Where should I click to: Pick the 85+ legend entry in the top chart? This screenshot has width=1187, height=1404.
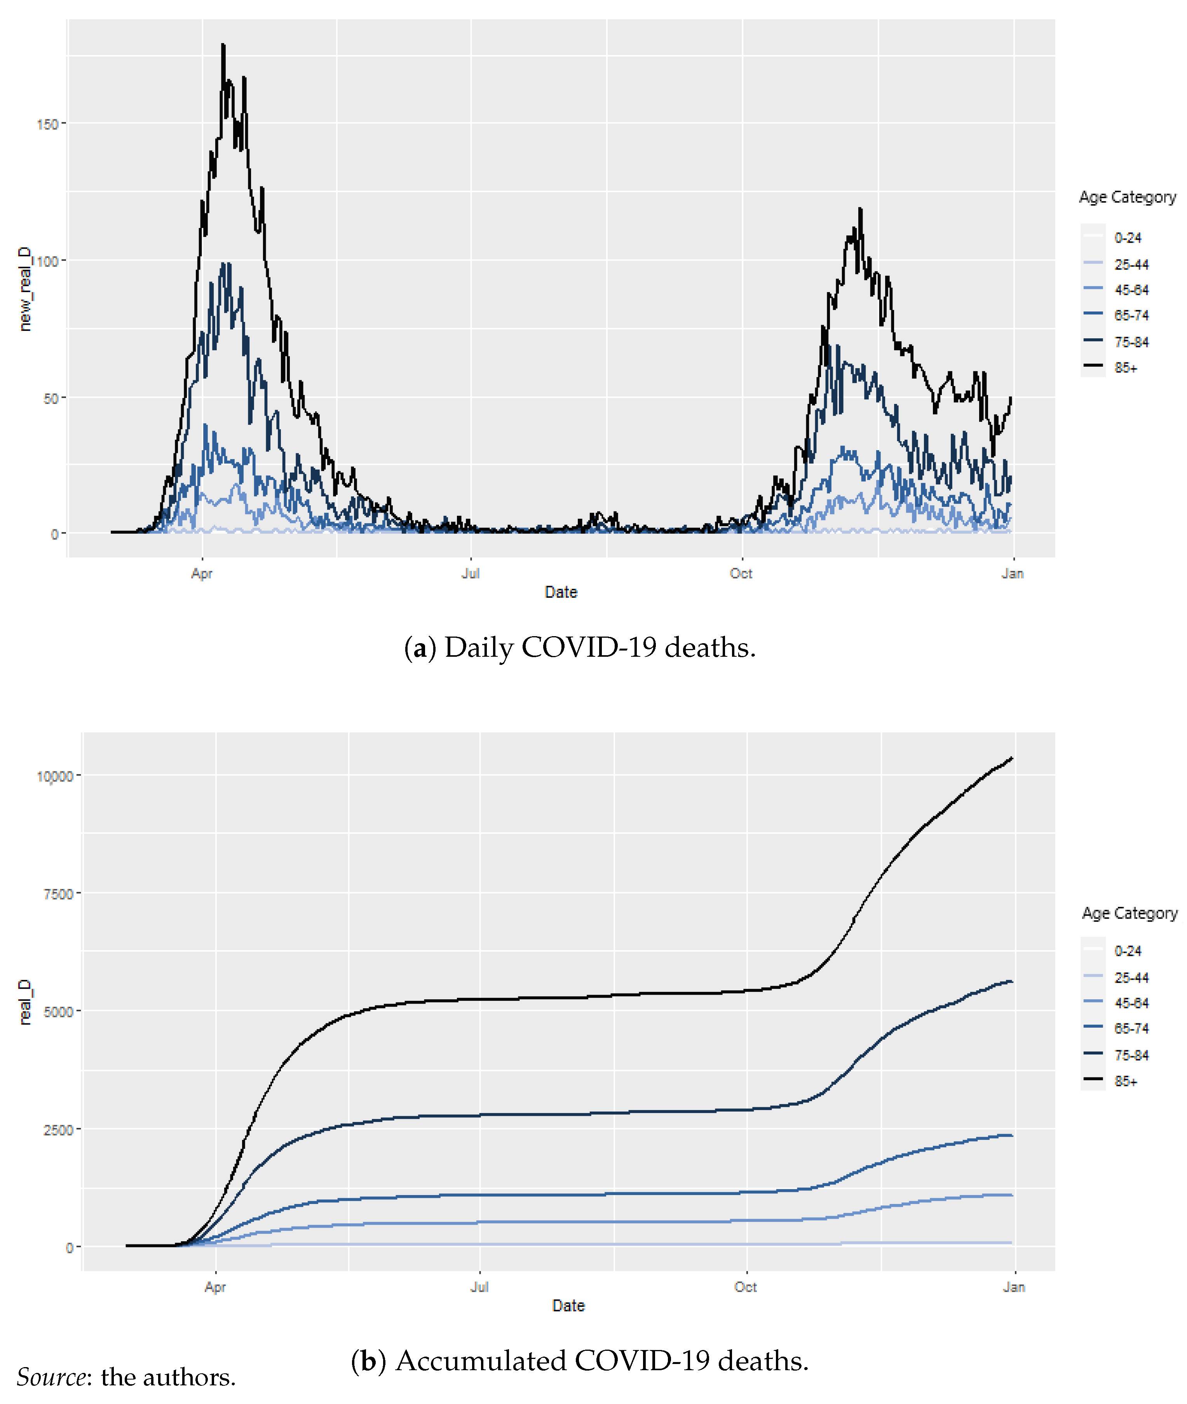(1125, 368)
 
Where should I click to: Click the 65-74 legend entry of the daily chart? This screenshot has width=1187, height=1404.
(1131, 315)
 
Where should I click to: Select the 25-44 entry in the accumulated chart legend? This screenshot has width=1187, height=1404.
(1131, 978)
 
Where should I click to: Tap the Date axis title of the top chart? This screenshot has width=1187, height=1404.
(561, 592)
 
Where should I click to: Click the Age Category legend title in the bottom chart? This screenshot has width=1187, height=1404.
(1129, 913)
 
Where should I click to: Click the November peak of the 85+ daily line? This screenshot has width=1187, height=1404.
(860, 209)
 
